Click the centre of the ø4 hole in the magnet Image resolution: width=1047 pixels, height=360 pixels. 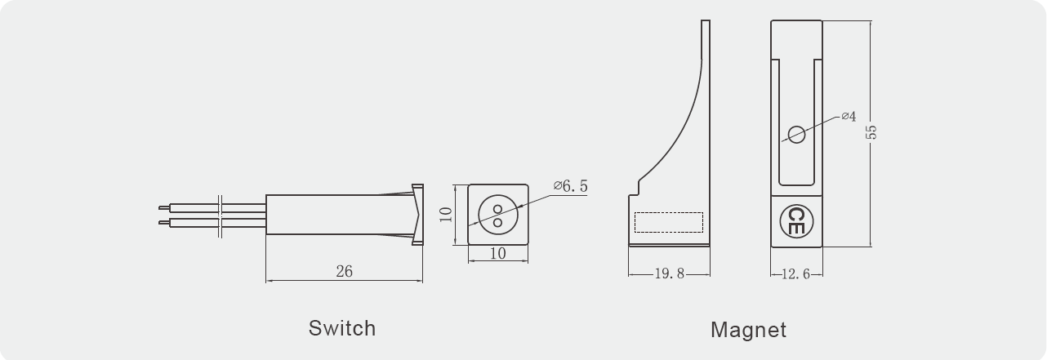796,135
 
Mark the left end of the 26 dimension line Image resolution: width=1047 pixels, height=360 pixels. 266,281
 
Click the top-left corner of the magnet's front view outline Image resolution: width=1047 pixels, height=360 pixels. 771,20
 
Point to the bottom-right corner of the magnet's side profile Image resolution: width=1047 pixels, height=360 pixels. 710,245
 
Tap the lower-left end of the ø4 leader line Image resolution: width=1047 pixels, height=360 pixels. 782,140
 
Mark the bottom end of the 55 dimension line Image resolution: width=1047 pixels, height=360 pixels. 871,246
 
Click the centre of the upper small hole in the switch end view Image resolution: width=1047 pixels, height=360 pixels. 498,209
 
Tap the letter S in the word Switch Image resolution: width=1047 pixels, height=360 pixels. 316,328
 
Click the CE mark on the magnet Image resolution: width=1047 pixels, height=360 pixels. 796,221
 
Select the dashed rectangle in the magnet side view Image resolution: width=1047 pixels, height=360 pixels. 669,222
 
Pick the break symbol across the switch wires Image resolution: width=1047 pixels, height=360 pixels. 221,215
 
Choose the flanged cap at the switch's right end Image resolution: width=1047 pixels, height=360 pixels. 417,215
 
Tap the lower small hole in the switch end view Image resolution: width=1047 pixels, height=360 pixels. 498,222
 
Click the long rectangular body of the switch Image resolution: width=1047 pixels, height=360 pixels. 341,215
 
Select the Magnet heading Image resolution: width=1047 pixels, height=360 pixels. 748,330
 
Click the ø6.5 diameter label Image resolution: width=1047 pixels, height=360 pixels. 570,186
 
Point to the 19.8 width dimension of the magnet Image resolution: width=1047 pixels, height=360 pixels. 670,273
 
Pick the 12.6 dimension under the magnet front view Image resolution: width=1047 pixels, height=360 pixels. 796,273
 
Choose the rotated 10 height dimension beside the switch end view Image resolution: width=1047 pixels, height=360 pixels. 447,215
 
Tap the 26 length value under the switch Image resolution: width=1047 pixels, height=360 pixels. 345,271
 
